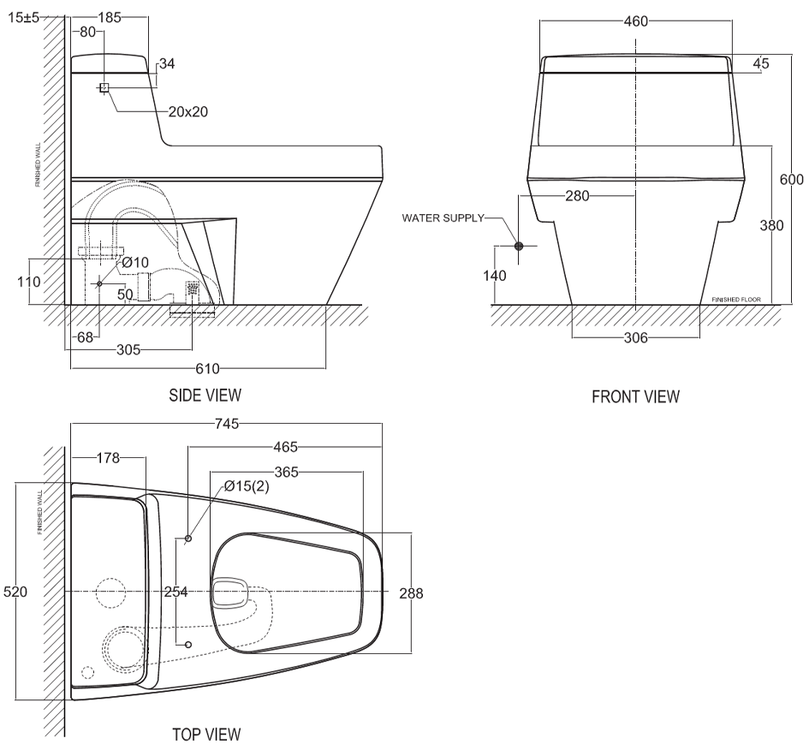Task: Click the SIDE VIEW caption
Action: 205,395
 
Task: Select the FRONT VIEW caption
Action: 636,396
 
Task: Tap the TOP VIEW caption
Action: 205,735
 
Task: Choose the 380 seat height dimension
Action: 772,224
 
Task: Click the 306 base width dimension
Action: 636,337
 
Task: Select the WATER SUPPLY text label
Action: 443,218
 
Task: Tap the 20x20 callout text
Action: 187,111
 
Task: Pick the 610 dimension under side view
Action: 207,368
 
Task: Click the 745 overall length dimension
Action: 225,423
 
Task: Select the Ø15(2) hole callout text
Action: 247,486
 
